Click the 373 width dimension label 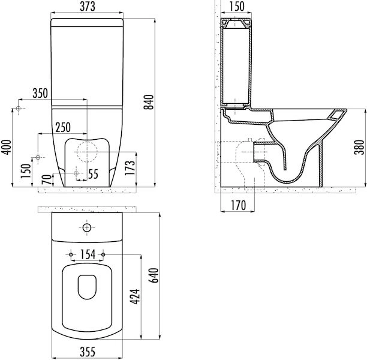88,7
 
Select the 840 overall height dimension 149,102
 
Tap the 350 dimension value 40,93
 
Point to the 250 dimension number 63,127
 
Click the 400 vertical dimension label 7,147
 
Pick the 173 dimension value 130,168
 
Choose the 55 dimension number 93,174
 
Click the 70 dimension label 48,180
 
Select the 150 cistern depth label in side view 237,7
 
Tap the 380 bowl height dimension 359,147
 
